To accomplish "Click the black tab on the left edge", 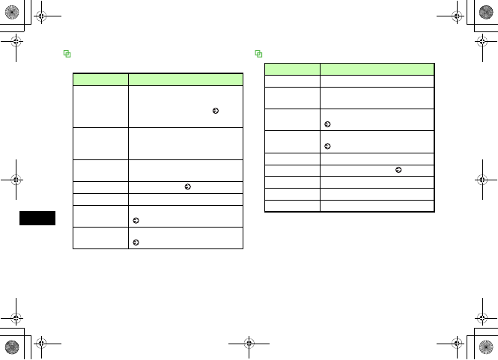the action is tap(37, 219).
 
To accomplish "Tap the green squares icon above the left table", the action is tap(67, 54).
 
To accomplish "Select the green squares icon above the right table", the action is tap(259, 54).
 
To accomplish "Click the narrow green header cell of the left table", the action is tap(100, 78).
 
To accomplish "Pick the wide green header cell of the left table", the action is tap(186, 78).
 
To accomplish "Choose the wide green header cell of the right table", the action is tap(377, 67).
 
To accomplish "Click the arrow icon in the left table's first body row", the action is tap(216, 110).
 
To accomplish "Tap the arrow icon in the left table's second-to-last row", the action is tap(136, 222).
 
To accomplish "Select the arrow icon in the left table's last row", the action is tap(136, 243).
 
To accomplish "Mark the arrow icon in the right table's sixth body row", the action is tap(398, 170).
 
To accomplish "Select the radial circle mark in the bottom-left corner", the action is tap(11, 347).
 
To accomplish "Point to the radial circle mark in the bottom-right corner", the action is tap(487, 347).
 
